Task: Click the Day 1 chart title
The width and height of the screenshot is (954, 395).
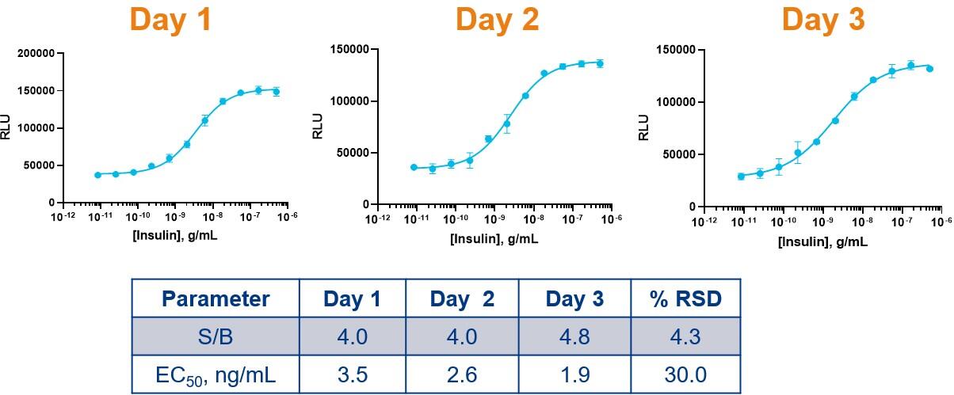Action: click(170, 20)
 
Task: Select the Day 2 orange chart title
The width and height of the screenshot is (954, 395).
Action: click(497, 20)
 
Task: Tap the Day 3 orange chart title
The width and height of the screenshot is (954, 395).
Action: click(823, 20)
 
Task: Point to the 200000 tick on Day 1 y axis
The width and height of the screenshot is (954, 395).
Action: click(36, 54)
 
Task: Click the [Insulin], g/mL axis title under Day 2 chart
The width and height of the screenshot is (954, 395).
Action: click(494, 239)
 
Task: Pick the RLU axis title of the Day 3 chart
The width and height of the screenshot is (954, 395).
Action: click(643, 127)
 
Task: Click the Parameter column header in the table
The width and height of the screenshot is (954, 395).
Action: click(216, 298)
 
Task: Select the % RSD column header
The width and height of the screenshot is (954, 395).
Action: click(685, 298)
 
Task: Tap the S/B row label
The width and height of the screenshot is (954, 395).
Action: click(216, 336)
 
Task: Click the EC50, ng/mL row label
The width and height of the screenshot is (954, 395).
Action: click(216, 375)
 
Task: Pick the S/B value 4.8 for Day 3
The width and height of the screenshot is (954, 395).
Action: click(574, 336)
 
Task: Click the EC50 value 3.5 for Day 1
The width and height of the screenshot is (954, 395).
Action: click(353, 375)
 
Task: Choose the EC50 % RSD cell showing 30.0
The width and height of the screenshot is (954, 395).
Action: click(685, 375)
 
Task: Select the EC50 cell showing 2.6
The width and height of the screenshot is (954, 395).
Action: click(462, 375)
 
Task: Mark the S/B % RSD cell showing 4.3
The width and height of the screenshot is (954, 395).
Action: click(685, 336)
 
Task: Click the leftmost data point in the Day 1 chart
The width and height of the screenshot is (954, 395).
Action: click(98, 175)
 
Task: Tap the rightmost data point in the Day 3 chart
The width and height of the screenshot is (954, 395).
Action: click(929, 69)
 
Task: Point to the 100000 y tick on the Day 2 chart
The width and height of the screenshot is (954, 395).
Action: click(349, 101)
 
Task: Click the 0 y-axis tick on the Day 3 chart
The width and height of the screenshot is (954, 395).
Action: click(693, 207)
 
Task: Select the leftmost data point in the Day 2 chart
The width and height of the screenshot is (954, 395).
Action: click(414, 167)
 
